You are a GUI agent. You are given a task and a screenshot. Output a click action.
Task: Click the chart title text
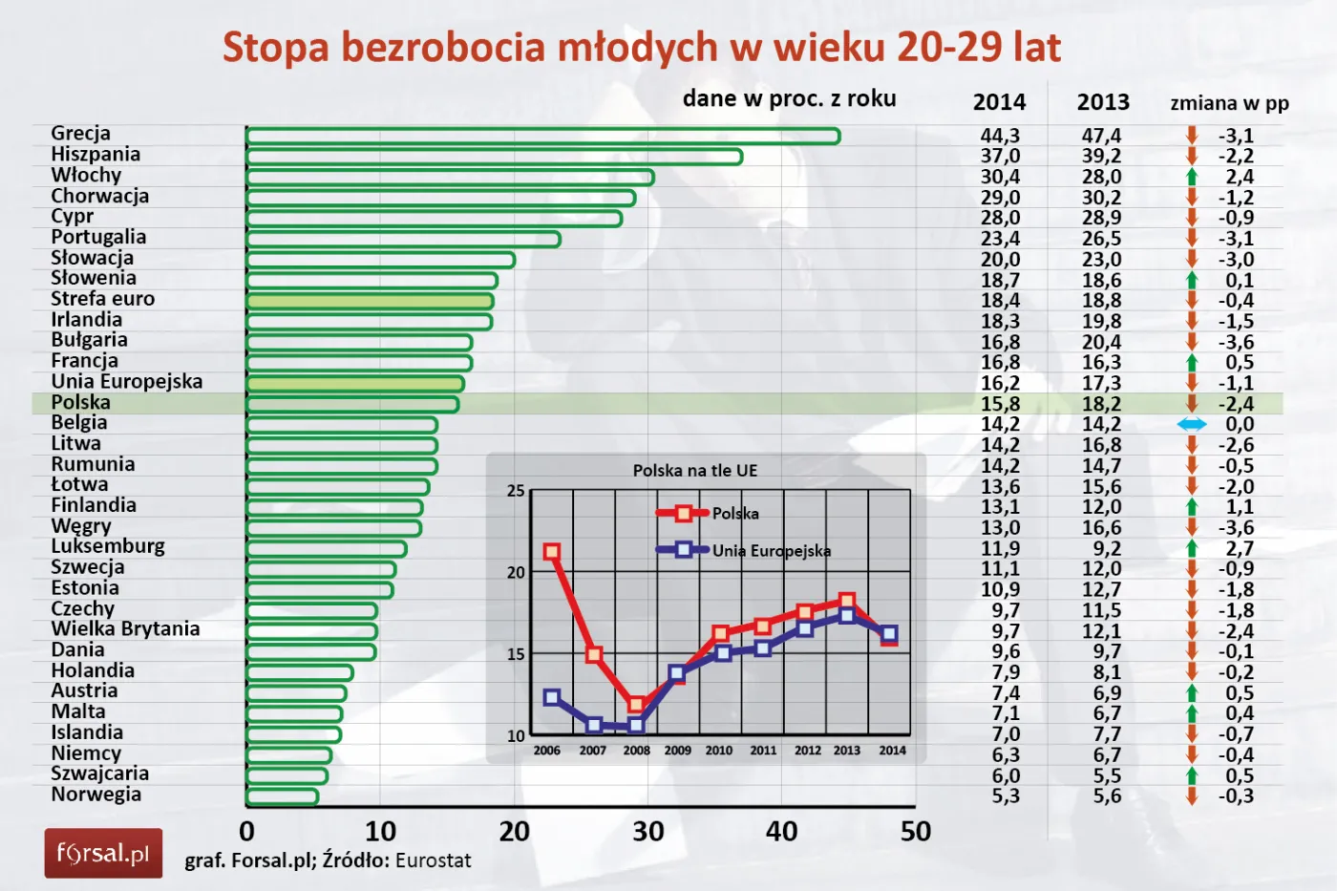coord(642,48)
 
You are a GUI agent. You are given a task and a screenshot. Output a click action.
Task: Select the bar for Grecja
coord(542,137)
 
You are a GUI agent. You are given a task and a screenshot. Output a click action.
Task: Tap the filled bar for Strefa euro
coord(370,302)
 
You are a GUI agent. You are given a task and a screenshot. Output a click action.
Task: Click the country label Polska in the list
coord(81,402)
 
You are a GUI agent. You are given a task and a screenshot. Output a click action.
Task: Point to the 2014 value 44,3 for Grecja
coord(1000,136)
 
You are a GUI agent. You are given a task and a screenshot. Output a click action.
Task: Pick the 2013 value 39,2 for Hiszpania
coord(1101,157)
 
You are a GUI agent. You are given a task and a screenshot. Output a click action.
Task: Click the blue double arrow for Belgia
coord(1192,424)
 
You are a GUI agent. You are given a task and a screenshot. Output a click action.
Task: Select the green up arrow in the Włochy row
coord(1192,177)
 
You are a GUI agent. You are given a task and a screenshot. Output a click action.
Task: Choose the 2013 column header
coord(1103,102)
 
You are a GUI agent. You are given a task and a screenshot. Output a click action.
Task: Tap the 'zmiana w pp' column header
coord(1229,103)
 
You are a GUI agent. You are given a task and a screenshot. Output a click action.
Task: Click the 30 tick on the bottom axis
coord(647,832)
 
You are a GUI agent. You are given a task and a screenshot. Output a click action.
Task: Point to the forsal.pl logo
coord(103,853)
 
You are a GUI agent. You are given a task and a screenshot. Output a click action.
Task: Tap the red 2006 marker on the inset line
coord(551,552)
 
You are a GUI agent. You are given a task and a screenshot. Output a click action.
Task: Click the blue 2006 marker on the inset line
coord(551,697)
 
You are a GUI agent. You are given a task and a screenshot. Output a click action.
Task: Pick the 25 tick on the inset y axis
coord(516,491)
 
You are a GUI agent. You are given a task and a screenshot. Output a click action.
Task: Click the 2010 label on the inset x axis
coord(719,751)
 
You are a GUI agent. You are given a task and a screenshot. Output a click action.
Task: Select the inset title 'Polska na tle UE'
coord(694,471)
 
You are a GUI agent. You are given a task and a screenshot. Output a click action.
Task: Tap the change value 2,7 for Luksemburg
coord(1240,548)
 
